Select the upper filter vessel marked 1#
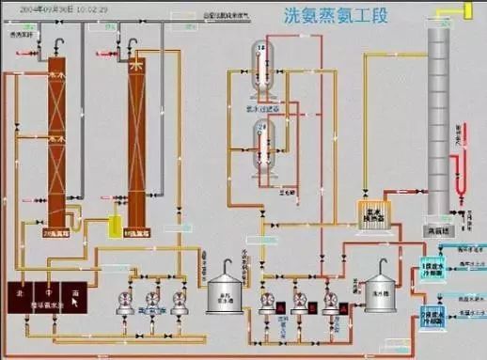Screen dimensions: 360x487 point(262,65)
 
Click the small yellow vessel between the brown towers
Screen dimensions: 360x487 point(116,226)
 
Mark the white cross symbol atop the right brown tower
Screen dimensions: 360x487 point(137,68)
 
